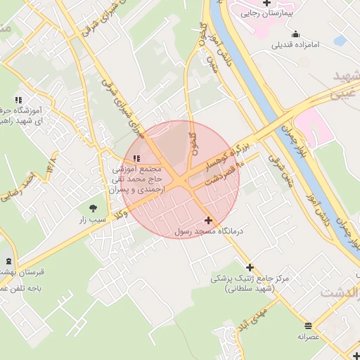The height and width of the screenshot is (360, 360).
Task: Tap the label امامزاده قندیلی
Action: coord(295,45)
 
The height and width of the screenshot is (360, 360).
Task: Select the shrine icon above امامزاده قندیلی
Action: coord(295,34)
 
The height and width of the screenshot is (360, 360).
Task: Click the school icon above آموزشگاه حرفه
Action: coord(18,101)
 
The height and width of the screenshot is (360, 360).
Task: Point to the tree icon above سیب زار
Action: coord(93,207)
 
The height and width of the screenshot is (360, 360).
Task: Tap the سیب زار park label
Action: coord(92,219)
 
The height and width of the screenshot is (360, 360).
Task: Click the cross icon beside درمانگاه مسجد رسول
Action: coord(208,220)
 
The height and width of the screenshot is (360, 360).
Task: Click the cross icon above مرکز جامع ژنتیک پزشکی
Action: coord(250,267)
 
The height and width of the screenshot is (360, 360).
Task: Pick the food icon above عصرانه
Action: coord(308,326)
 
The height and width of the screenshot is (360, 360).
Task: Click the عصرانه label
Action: coord(308,337)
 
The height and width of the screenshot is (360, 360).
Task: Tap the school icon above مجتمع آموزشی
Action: coord(136,158)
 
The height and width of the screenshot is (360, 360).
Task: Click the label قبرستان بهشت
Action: coord(21,271)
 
